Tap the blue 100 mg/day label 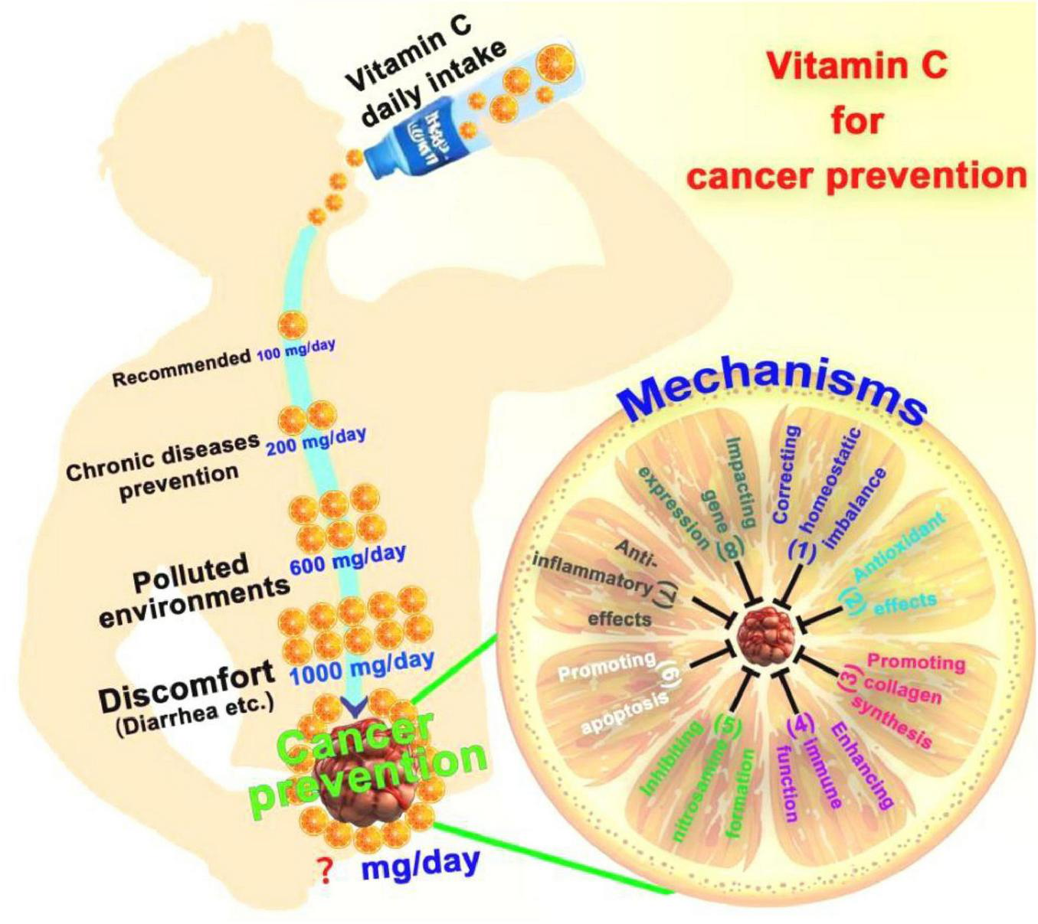[296, 350]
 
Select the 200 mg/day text [316, 442]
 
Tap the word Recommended [182, 368]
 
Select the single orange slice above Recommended [292, 325]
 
